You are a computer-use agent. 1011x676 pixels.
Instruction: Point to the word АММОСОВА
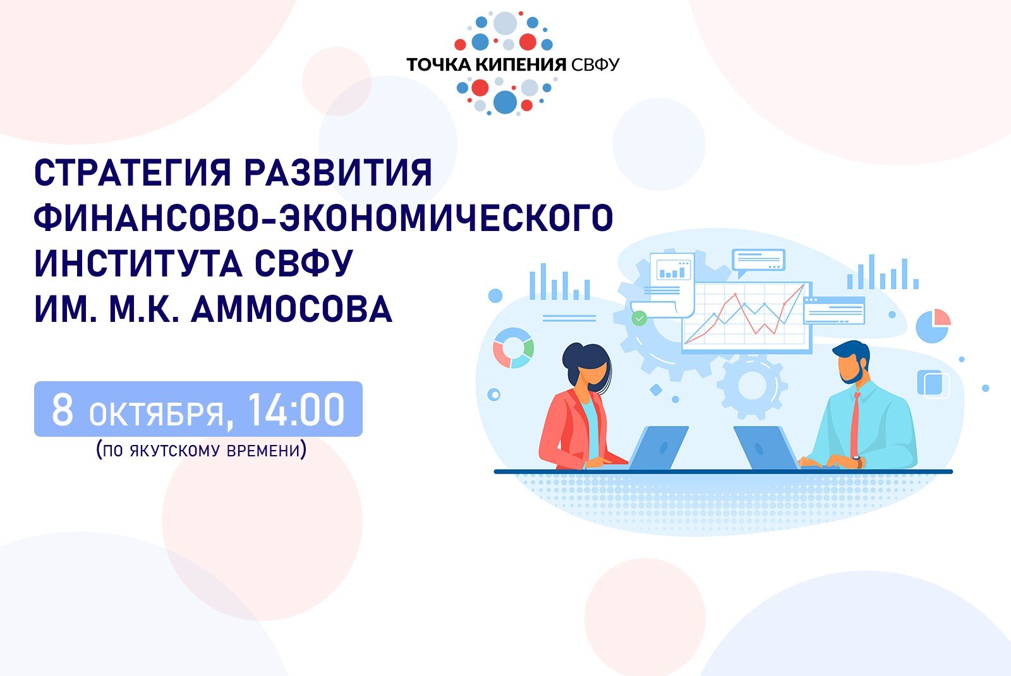291,310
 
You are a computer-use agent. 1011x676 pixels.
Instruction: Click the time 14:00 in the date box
296,410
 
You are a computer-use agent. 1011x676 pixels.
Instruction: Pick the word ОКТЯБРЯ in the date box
157,414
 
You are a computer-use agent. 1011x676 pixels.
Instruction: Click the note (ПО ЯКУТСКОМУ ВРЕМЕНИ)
201,451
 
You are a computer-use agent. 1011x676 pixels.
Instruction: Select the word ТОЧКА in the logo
438,64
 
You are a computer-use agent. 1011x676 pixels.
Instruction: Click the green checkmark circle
639,318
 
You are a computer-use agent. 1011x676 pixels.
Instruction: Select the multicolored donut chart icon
513,347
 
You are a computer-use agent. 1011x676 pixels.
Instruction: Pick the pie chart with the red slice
933,325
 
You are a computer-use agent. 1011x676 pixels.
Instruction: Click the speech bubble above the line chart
758,260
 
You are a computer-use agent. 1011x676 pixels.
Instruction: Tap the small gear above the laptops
752,385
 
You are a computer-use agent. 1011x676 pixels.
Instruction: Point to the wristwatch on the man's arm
857,461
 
